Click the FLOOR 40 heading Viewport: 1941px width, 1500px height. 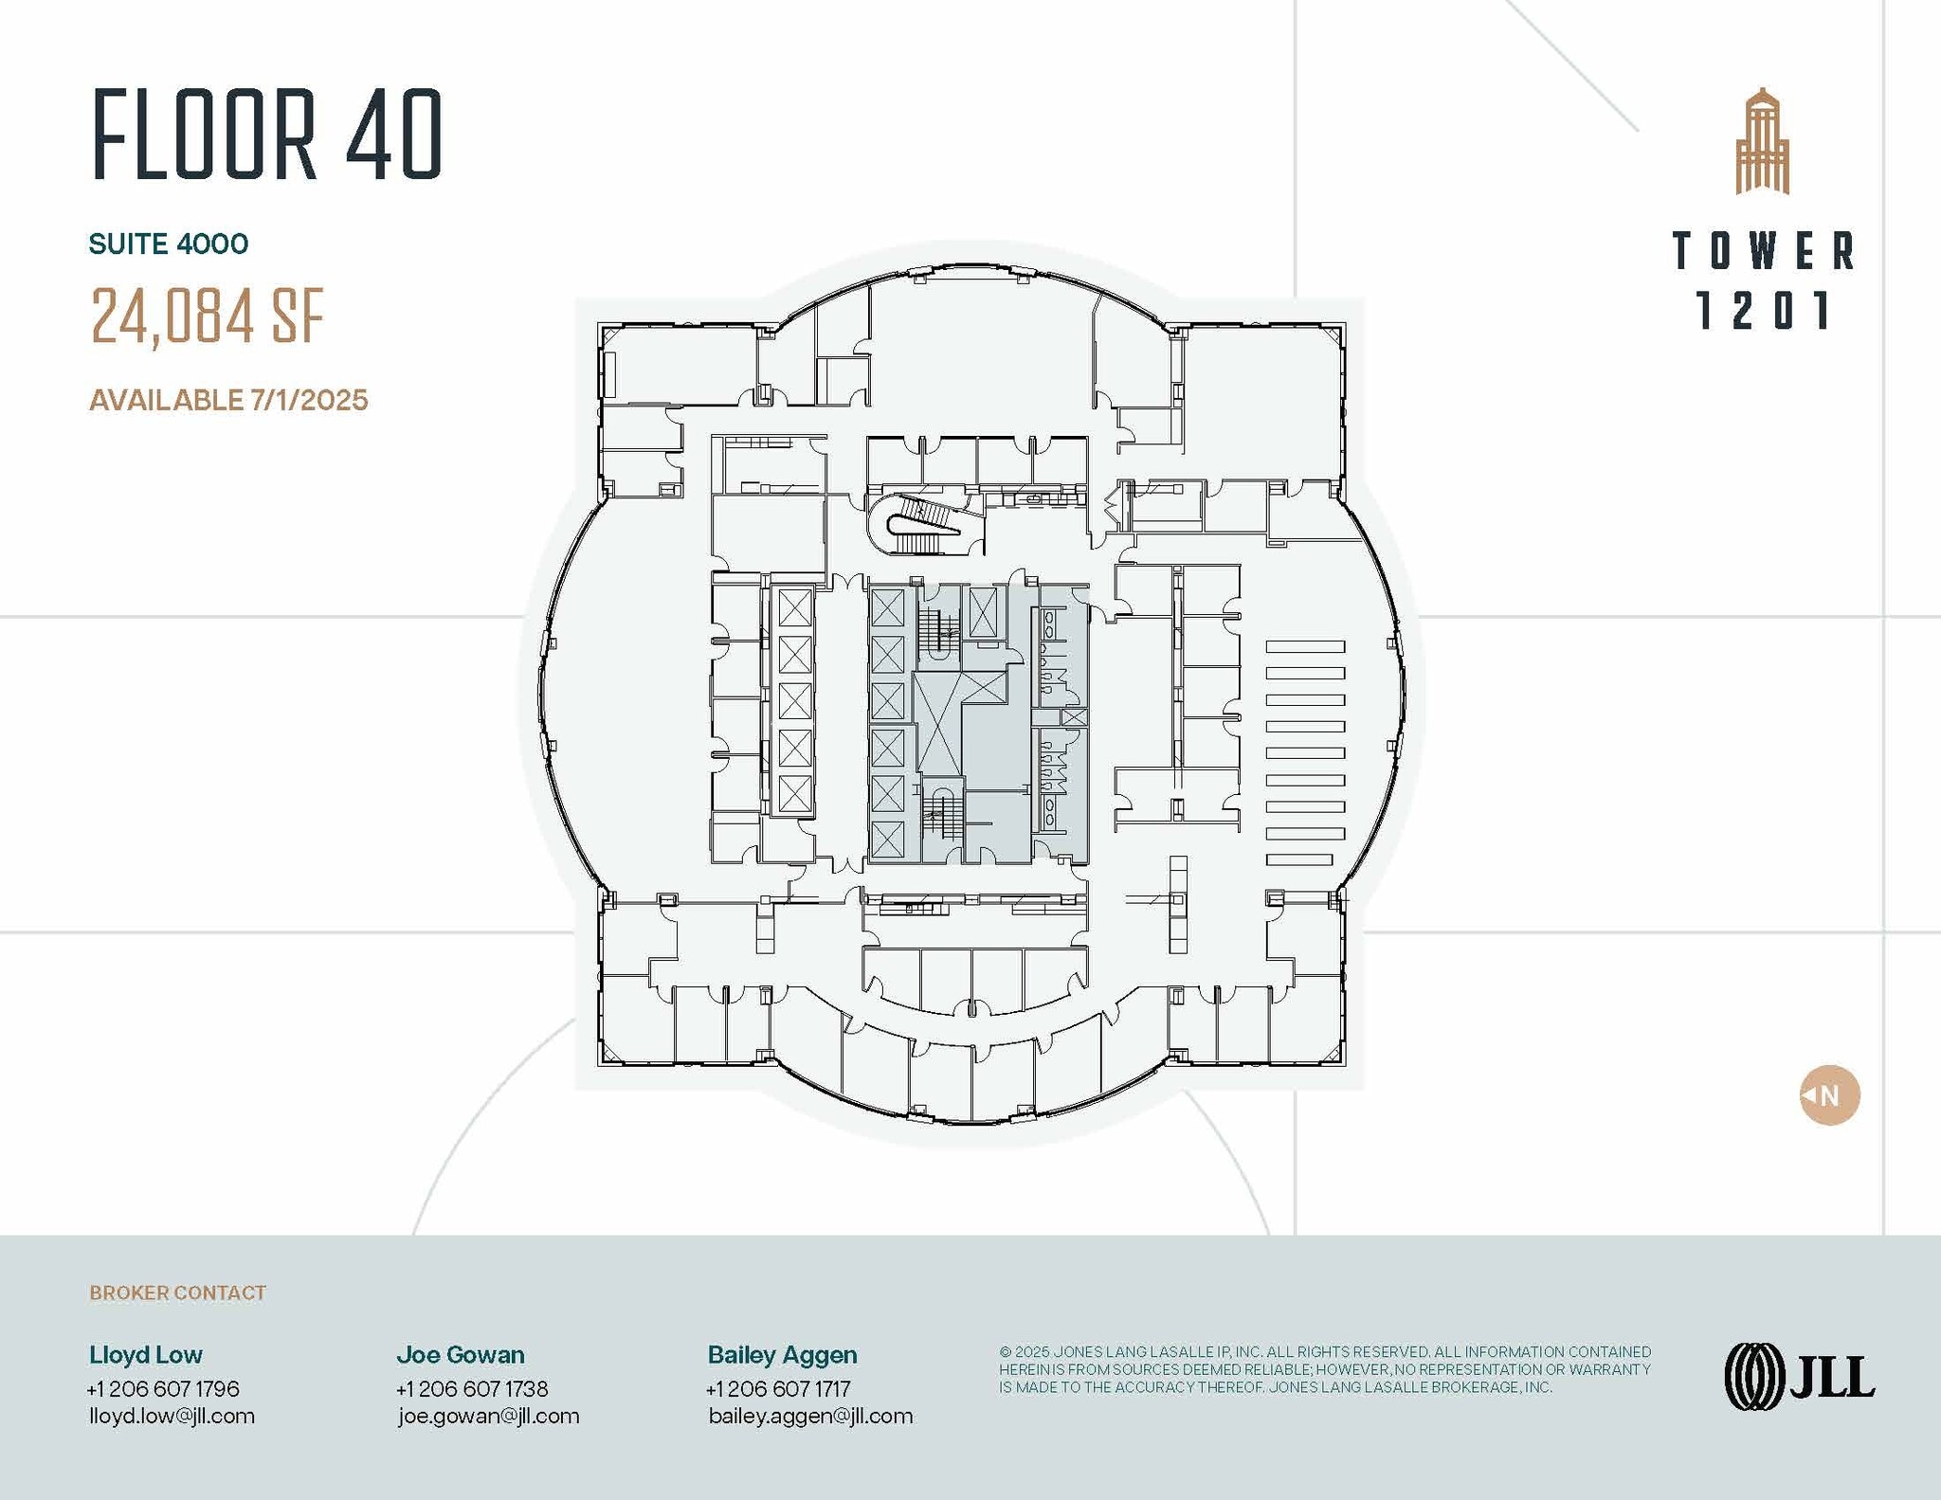(x=267, y=135)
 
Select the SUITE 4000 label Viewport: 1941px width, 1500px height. (x=169, y=244)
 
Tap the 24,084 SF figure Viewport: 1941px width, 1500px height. (x=208, y=316)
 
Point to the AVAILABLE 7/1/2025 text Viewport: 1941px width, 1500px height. (x=228, y=400)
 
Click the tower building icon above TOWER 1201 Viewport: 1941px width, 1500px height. (x=1762, y=143)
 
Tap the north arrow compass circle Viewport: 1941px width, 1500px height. (x=1829, y=1095)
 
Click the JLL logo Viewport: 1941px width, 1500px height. (x=1799, y=1377)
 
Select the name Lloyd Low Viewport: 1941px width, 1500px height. (x=146, y=1355)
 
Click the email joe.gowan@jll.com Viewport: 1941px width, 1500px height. (x=488, y=1417)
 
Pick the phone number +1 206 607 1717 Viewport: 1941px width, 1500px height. (x=778, y=1389)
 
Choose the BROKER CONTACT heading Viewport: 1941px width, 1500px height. (x=177, y=1293)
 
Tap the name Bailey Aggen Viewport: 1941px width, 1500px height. (x=782, y=1355)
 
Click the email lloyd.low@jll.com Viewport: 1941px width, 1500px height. (x=172, y=1417)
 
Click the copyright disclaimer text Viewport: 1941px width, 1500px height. (x=1324, y=1369)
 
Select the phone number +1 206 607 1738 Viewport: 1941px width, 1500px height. (x=472, y=1389)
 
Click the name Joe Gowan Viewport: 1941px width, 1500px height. (x=461, y=1355)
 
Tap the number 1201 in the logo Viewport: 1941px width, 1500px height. (x=1762, y=311)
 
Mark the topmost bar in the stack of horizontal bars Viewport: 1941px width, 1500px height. (x=1305, y=647)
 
